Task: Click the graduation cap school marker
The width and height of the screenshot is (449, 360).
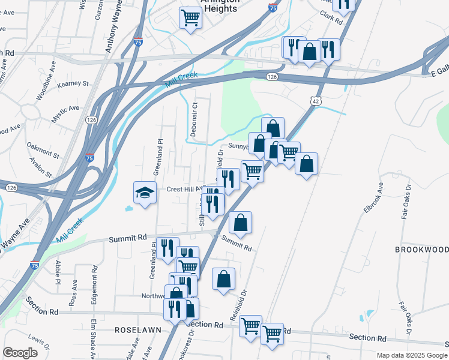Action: pos(144,193)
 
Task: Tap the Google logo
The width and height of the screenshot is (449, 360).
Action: pos(20,353)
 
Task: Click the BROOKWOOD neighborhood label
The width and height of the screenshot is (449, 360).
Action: pos(421,249)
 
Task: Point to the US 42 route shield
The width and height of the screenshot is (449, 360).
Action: pos(316,101)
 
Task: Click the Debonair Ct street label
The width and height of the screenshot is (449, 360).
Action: pos(194,119)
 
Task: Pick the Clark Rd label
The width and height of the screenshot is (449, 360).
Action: pos(330,17)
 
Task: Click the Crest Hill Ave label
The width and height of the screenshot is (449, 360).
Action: pos(182,188)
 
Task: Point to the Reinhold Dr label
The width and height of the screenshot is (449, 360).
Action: pos(238,306)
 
